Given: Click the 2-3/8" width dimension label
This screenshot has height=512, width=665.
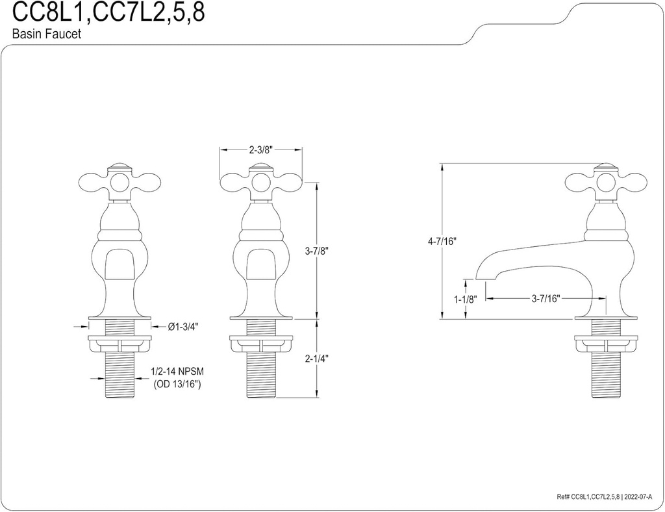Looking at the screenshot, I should click(260, 149).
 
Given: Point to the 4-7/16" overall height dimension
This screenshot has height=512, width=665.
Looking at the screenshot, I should click(442, 241).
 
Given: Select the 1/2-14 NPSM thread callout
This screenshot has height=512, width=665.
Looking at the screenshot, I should click(177, 371).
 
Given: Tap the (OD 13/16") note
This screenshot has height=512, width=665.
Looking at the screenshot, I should click(177, 384).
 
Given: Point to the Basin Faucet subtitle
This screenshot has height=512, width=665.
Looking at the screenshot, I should click(47, 35).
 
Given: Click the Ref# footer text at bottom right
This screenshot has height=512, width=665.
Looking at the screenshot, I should click(609, 497).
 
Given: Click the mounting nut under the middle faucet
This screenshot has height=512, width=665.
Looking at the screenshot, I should click(260, 342).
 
